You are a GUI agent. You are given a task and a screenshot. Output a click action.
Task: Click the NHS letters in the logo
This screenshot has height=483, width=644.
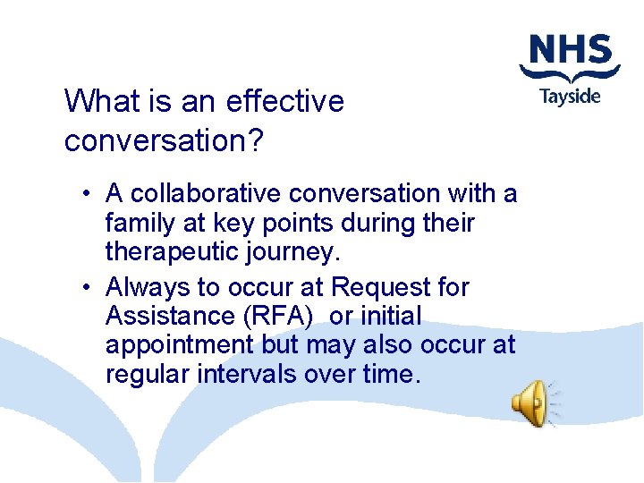point(570,52)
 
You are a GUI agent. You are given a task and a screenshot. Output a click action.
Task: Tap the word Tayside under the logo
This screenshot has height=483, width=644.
point(570,96)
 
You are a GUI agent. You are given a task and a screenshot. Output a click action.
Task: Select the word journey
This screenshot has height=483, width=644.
point(293,252)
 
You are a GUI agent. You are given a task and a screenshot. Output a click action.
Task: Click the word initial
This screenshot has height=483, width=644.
point(390,316)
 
